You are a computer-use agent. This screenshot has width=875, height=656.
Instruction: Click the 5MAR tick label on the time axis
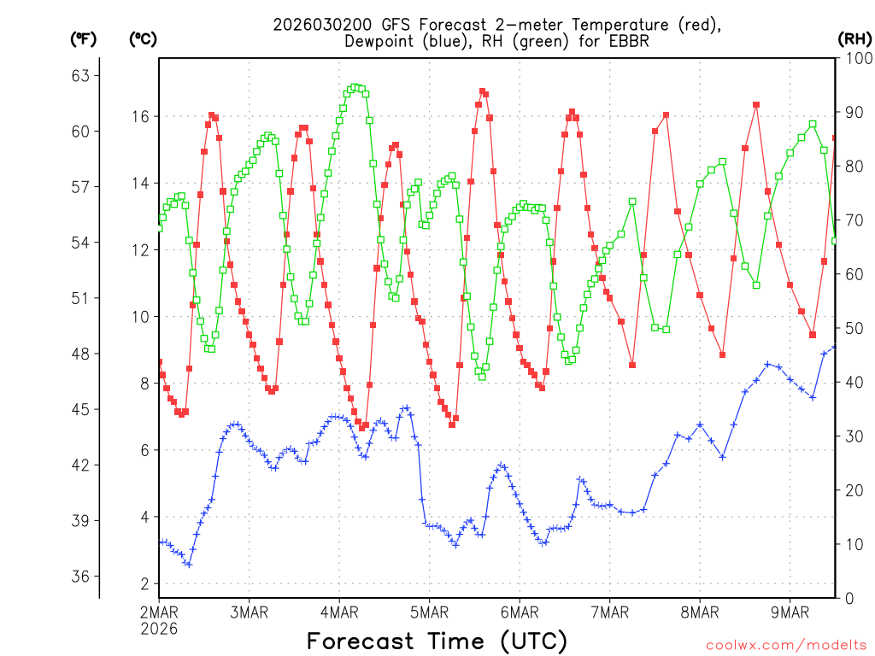pyautogui.click(x=429, y=612)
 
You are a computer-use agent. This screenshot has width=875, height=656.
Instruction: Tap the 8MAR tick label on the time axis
pyautogui.click(x=699, y=612)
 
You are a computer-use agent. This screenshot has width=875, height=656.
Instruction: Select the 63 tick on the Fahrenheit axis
pyautogui.click(x=80, y=76)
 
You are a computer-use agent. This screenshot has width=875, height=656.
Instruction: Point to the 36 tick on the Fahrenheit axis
pyautogui.click(x=80, y=577)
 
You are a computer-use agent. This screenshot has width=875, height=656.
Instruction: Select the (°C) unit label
pyautogui.click(x=142, y=38)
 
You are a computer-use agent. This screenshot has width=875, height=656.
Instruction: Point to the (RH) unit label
pyautogui.click(x=854, y=38)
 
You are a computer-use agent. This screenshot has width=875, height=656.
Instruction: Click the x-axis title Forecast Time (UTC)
pyautogui.click(x=437, y=640)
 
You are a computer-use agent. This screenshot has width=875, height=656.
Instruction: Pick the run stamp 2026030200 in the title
pyautogui.click(x=319, y=24)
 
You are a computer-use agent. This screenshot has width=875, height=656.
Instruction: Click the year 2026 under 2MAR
pyautogui.click(x=160, y=628)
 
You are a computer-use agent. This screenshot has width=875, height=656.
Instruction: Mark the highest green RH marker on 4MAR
pyautogui.click(x=355, y=87)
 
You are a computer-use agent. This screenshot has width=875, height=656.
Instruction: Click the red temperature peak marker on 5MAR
pyautogui.click(x=483, y=91)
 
